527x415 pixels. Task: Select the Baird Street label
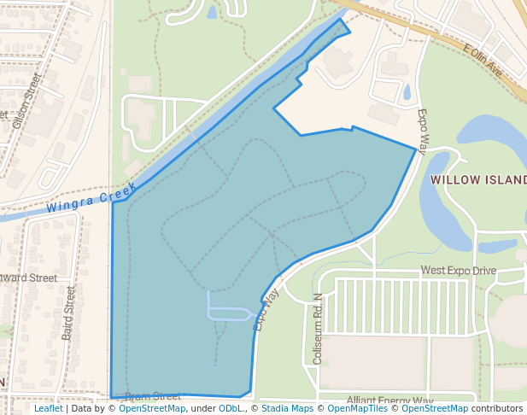[x=69, y=313]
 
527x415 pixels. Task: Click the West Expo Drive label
[x=458, y=271]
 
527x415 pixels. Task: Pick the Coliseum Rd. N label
[x=318, y=330]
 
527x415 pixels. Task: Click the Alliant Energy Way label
[x=389, y=400]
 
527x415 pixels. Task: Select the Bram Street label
[x=153, y=396]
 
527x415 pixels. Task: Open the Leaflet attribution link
[x=48, y=408]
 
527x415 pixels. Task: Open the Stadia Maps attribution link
[x=287, y=408]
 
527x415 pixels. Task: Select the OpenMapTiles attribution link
[x=352, y=408]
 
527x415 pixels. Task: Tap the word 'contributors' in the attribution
[x=497, y=408]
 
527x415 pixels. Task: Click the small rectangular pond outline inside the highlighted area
[x=227, y=313]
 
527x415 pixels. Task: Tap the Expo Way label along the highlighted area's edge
[x=266, y=309]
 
